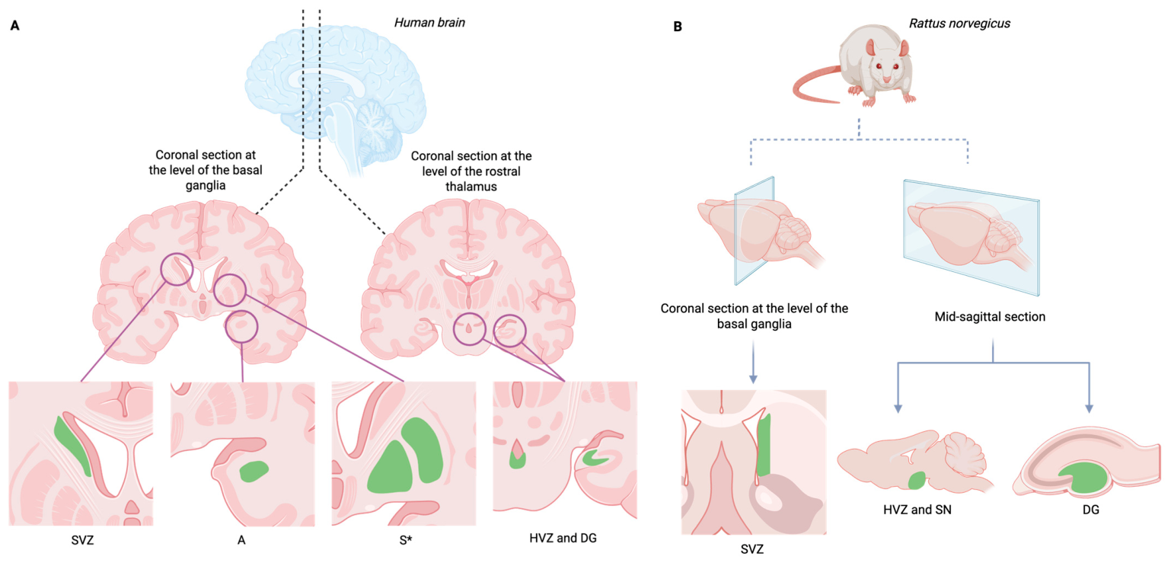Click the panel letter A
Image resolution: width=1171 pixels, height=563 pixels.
coord(14,25)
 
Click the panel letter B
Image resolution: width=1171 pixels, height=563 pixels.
coord(678,26)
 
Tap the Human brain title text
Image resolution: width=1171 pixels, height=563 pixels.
coord(429,23)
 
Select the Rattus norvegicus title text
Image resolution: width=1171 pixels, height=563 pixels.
coord(959,24)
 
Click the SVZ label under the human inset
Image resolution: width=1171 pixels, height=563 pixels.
coord(82,540)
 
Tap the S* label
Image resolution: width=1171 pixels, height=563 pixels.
coord(406,540)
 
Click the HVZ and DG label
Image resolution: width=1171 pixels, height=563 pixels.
coord(563,538)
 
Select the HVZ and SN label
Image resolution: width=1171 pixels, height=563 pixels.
coord(917,510)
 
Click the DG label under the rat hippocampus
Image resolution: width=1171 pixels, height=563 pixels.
coord(1090,510)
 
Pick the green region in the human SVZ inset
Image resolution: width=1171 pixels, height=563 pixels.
coord(72,445)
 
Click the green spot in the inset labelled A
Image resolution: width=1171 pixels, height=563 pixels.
coord(254,471)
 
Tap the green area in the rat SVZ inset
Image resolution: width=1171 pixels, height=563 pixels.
coord(764,445)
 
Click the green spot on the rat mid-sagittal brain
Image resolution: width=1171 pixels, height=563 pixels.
coord(917,480)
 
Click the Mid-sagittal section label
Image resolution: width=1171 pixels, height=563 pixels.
coord(990,317)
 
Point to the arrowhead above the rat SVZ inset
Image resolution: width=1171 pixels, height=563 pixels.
coord(753,379)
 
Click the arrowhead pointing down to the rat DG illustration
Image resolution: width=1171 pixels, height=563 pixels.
coord(1090,408)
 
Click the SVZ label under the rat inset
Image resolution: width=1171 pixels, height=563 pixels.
coord(751,549)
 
